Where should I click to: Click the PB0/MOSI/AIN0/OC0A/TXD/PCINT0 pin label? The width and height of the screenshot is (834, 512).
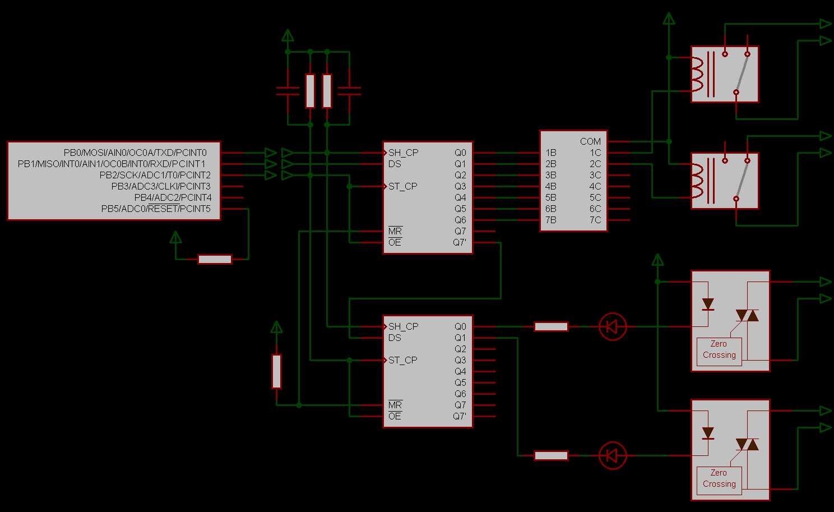(x=135, y=153)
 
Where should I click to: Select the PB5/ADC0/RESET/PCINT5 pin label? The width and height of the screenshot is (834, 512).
(x=156, y=209)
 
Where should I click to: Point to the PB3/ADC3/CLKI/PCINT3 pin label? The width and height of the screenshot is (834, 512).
(x=161, y=186)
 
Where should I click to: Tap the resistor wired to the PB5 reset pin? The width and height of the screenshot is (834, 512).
(x=215, y=259)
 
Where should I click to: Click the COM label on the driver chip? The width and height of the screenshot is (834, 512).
(x=590, y=141)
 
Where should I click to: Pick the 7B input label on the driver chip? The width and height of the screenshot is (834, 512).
(x=551, y=220)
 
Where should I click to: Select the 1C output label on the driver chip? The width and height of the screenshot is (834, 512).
(x=595, y=153)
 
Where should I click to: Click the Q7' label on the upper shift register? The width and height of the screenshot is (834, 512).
(x=460, y=242)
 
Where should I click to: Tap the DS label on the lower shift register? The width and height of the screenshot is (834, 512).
(x=395, y=338)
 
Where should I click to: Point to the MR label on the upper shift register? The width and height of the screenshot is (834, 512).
(x=395, y=231)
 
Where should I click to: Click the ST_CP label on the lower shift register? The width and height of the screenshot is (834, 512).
(x=402, y=360)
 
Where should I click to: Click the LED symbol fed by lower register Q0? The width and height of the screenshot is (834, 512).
(x=613, y=326)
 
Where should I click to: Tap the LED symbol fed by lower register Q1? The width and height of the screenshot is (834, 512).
(x=613, y=455)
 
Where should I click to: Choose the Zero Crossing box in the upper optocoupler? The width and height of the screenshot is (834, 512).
(x=719, y=350)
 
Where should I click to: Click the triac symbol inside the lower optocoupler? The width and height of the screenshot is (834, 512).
(x=747, y=444)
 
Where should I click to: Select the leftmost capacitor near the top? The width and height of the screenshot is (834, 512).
(x=288, y=91)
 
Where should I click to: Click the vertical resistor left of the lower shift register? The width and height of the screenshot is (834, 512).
(x=276, y=371)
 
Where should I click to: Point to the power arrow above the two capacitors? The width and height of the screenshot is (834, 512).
(x=288, y=36)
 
